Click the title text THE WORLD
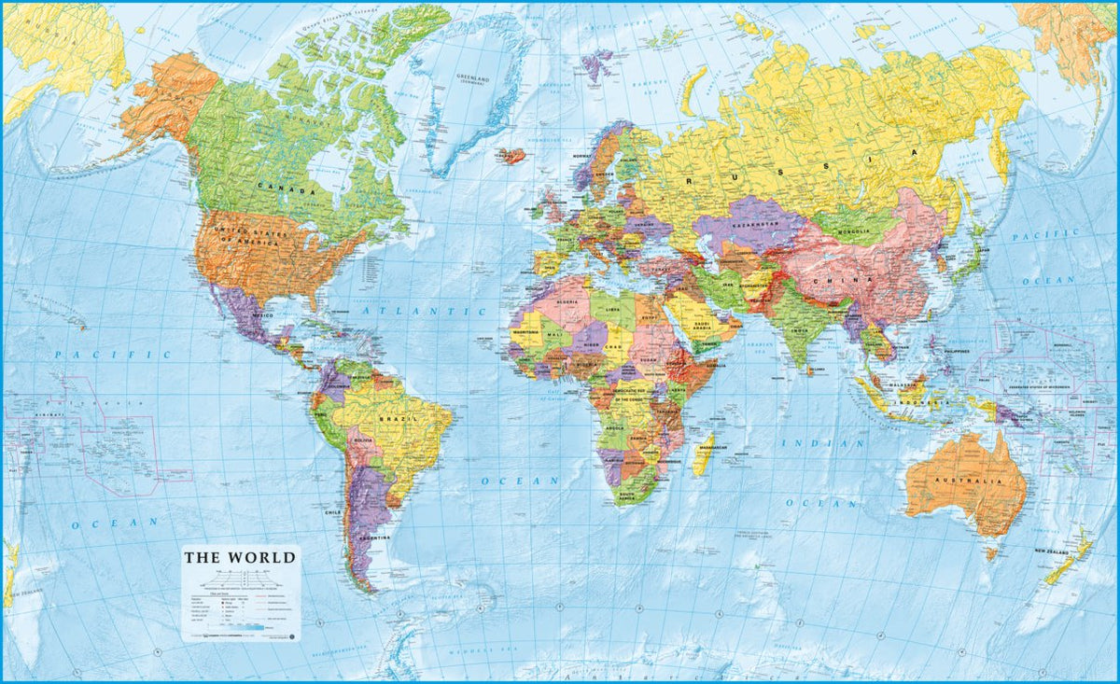(x=240, y=558)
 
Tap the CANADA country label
(x=287, y=188)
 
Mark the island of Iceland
(x=511, y=156)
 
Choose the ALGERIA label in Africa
(x=569, y=304)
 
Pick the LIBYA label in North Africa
(x=613, y=310)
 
